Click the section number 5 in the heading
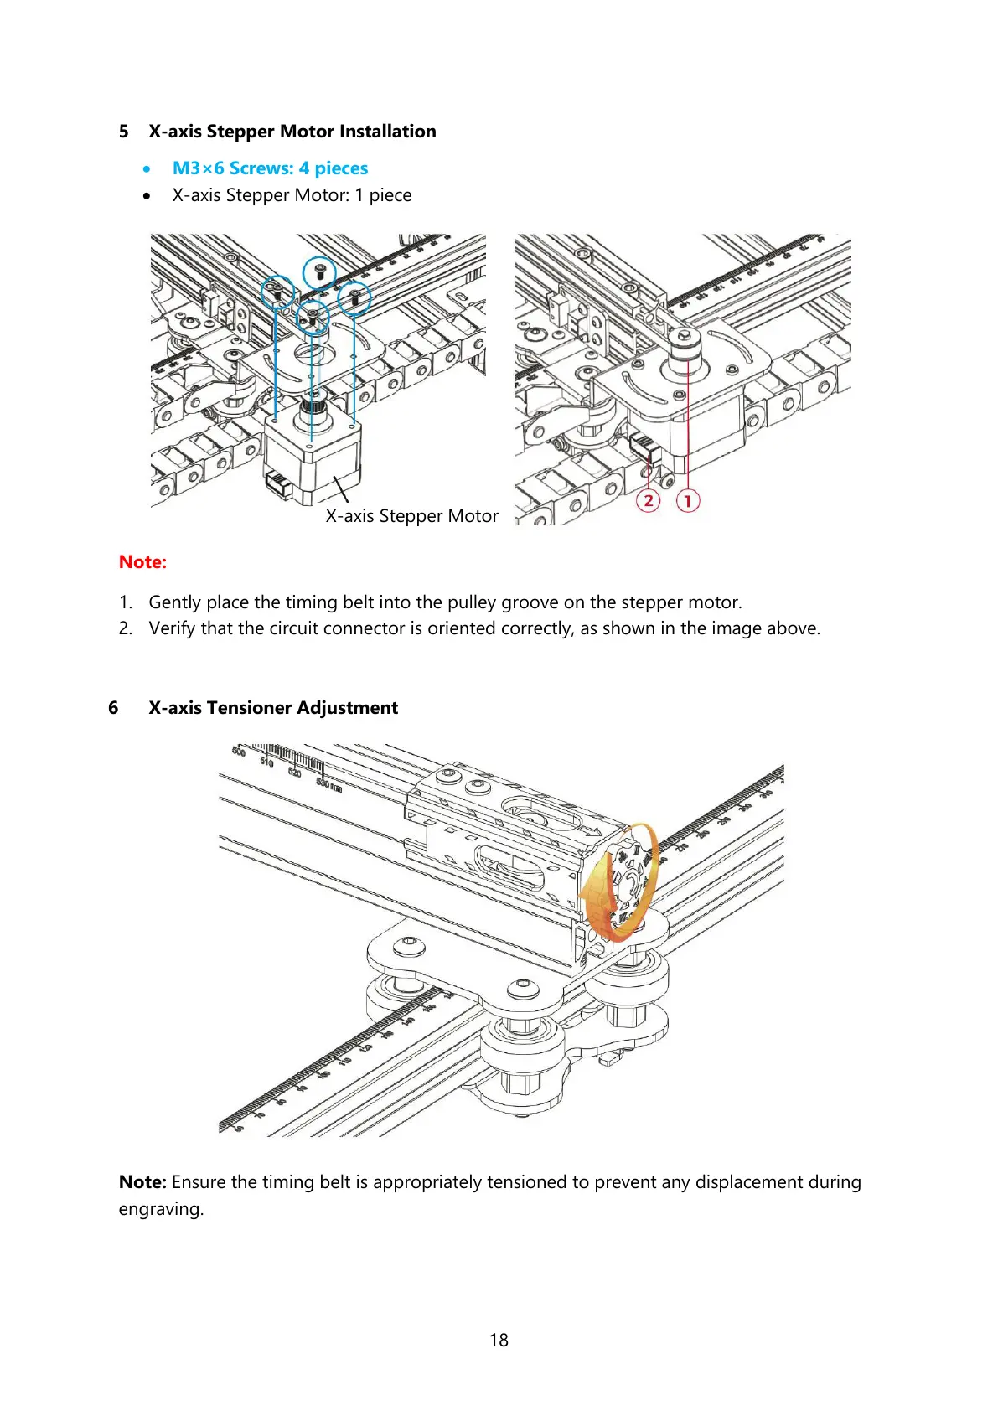point(123,132)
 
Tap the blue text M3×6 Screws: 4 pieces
point(270,168)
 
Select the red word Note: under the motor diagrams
point(142,562)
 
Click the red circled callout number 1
point(687,501)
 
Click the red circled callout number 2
point(648,501)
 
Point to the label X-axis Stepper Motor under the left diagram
point(411,516)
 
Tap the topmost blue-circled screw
point(319,270)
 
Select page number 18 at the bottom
point(499,1341)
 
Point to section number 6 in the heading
point(113,708)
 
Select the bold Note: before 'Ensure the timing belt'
point(142,1182)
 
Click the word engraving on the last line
point(160,1209)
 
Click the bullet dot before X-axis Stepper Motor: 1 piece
point(147,196)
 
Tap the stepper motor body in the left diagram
point(314,457)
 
